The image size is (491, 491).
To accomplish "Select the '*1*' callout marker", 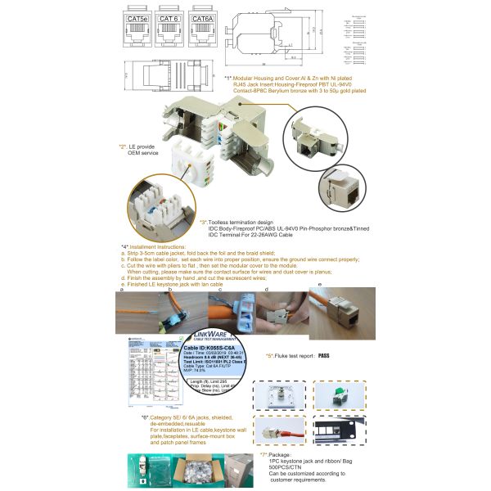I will pyautogui.click(x=228, y=78).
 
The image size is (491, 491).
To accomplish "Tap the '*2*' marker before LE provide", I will pyautogui.click(x=122, y=146).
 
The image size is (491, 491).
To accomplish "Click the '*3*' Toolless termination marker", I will pyautogui.click(x=203, y=222).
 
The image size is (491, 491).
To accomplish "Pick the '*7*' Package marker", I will pyautogui.click(x=264, y=453).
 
